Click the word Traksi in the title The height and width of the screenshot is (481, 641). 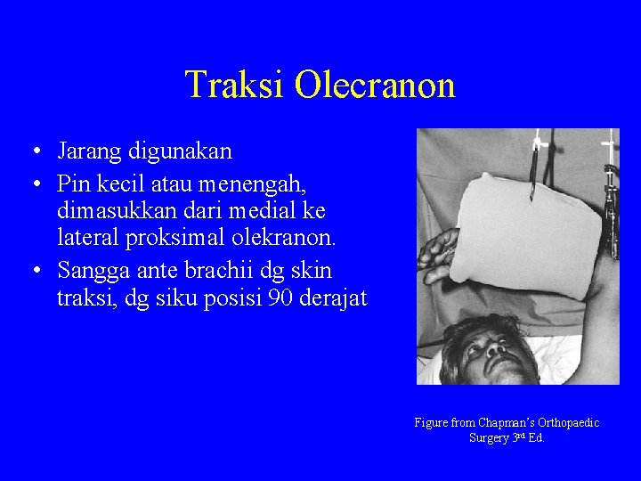(x=235, y=86)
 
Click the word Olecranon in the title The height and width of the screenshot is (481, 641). (x=375, y=86)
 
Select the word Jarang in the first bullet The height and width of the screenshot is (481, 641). (x=87, y=151)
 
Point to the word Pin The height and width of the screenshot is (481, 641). (x=71, y=184)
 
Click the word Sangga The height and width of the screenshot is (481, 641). (x=90, y=272)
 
